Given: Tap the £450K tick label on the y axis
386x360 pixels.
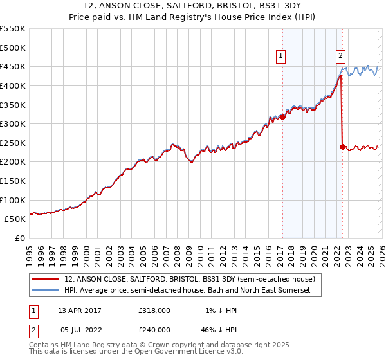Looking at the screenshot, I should tap(13, 66).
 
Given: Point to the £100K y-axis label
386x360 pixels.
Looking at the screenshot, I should tap(13, 200).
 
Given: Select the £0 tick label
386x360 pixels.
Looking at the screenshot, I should tap(21, 239).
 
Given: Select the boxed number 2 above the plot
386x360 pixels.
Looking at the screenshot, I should tap(340, 56).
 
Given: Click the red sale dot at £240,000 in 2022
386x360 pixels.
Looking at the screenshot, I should tap(342, 147).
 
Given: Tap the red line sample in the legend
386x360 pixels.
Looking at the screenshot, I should tap(46, 280).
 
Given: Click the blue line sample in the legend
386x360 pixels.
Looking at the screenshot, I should tap(46, 291).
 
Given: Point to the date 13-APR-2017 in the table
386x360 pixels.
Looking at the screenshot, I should tap(82, 310).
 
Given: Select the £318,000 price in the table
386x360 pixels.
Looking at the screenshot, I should tap(154, 310).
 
